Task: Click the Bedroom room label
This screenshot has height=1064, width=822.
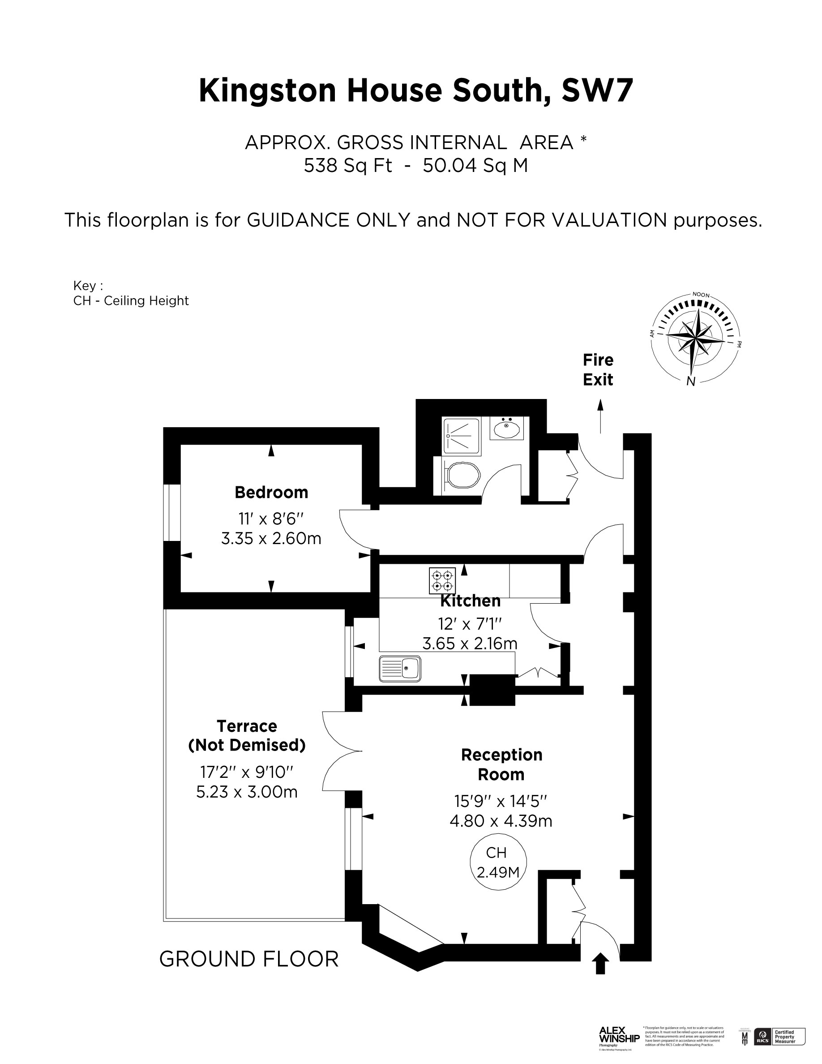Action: tap(271, 493)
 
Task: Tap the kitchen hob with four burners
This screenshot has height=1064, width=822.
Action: tap(442, 581)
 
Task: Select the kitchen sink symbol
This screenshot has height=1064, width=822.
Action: tap(400, 669)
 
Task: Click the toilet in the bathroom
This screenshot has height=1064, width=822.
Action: tap(462, 475)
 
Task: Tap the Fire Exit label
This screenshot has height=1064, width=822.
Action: tap(598, 370)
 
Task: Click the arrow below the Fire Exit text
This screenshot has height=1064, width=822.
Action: tap(600, 416)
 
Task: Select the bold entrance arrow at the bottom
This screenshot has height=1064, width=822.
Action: tap(600, 964)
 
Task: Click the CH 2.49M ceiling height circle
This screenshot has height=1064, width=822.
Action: tap(498, 862)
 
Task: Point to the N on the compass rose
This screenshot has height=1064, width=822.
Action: tap(690, 382)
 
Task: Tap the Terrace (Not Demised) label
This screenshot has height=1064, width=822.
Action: tap(247, 735)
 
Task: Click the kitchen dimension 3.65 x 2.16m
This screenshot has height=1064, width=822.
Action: tap(470, 644)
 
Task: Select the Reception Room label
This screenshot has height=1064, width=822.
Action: tap(501, 764)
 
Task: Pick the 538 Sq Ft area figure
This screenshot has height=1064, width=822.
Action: tap(348, 166)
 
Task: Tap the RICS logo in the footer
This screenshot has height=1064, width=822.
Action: tap(762, 1036)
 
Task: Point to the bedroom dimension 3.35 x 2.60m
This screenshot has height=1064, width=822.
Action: tap(271, 538)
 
